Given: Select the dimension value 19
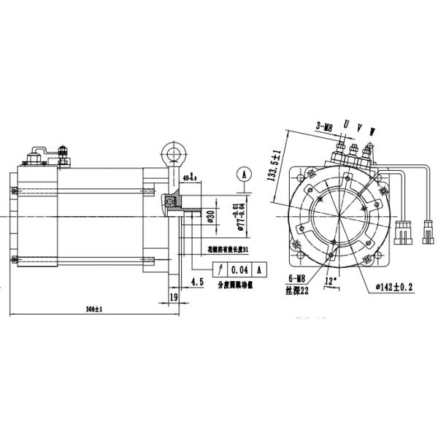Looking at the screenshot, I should tap(174, 297).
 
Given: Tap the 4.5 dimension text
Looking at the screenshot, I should tap(196, 282).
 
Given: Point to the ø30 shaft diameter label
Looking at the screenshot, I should tap(210, 216).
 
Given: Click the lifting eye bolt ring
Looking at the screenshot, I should tap(172, 154).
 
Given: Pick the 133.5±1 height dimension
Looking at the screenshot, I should tap(275, 167).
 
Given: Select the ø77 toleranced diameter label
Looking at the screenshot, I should tap(232, 214).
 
